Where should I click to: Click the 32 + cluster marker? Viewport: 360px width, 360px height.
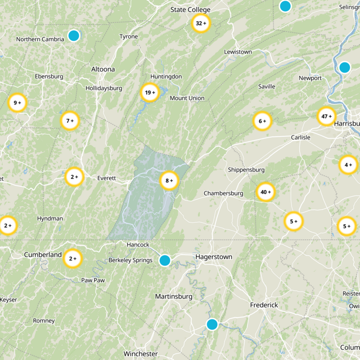tap(201, 23)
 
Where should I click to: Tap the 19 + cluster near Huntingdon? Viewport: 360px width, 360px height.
tap(150, 93)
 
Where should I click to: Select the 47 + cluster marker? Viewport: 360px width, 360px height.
tap(326, 117)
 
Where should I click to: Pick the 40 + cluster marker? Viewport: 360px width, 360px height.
tap(265, 192)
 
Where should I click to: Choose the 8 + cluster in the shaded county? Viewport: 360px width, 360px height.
tap(169, 181)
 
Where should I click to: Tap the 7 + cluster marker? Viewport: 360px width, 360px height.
tap(70, 121)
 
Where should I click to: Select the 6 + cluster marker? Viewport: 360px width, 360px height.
tap(262, 121)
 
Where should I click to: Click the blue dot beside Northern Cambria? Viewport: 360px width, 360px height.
tap(73, 36)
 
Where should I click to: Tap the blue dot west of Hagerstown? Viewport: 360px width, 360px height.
tap(165, 260)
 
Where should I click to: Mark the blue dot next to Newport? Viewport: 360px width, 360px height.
tap(345, 67)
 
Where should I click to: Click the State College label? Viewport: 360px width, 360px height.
tap(190, 10)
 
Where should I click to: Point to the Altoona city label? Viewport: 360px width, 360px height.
tap(103, 69)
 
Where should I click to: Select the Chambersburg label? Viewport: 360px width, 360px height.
tap(223, 193)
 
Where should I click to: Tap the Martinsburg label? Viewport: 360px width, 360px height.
tap(174, 297)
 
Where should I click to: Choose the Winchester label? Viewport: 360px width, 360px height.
tap(140, 354)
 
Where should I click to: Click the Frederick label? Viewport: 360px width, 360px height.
tap(264, 305)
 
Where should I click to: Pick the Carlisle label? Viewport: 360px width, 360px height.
tap(301, 137)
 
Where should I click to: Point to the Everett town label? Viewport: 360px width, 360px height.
tap(107, 178)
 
